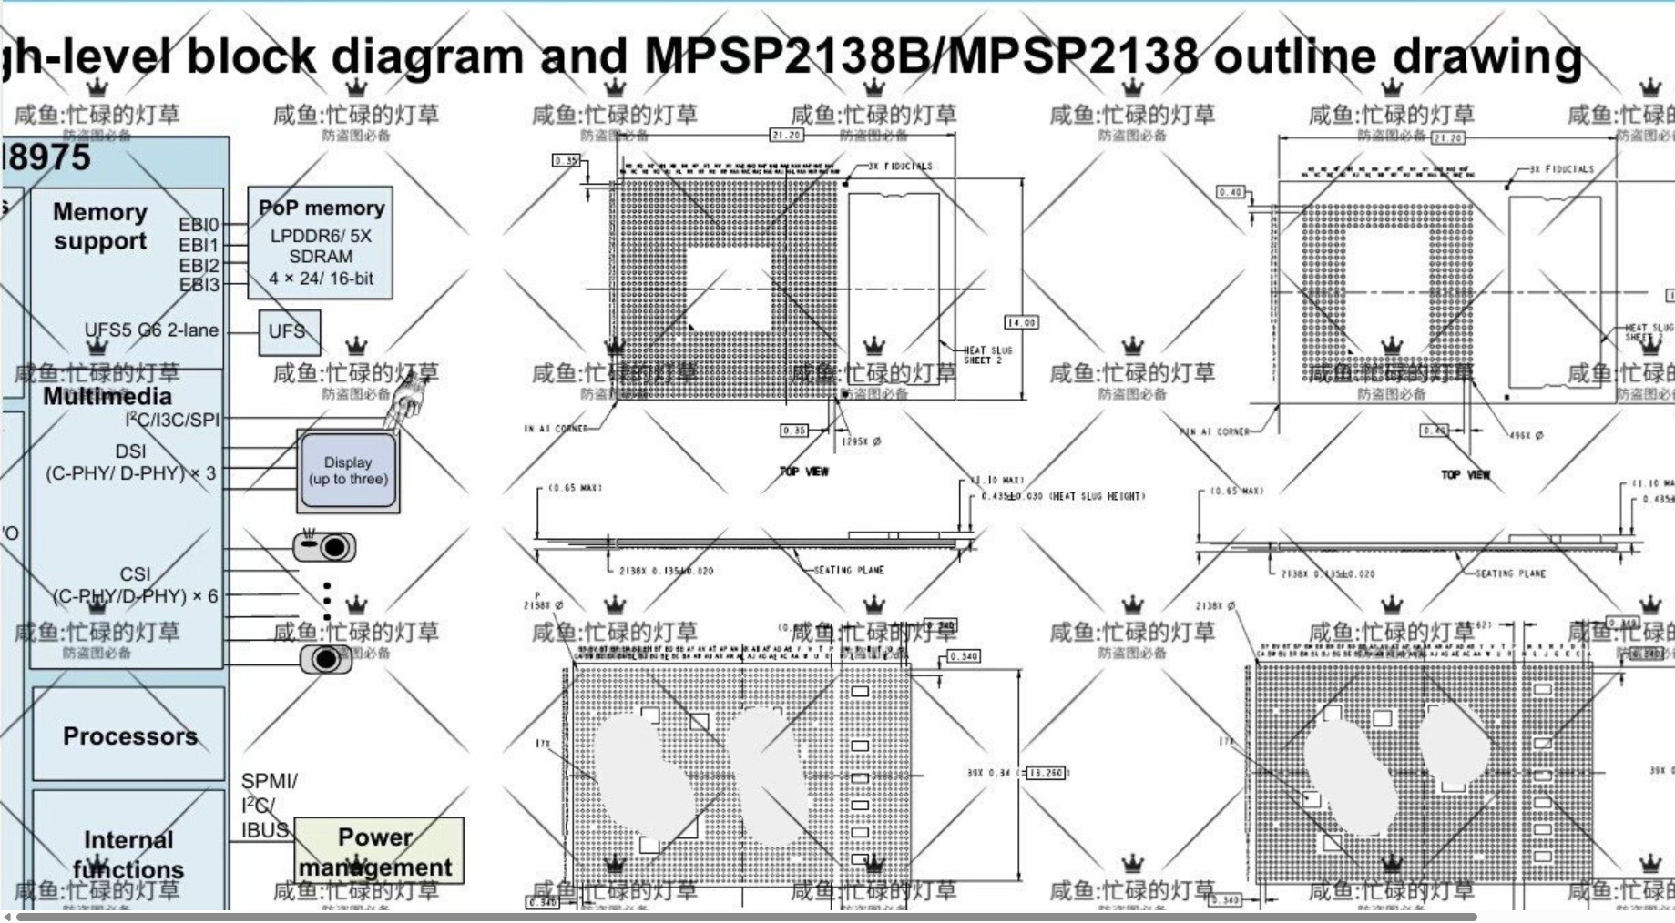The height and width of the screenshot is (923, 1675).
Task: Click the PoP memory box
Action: coord(320,243)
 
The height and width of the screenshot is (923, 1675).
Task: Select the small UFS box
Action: coord(289,332)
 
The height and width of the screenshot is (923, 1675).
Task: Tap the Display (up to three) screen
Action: coord(348,471)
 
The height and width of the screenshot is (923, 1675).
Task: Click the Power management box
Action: coord(378,851)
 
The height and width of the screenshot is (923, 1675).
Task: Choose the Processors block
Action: coord(129,735)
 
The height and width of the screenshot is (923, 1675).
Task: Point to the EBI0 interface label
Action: coord(199,225)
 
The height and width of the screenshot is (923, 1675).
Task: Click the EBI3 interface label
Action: coord(199,285)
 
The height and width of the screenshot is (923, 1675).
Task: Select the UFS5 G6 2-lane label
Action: coord(151,330)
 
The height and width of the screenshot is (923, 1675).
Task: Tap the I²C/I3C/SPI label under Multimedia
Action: coord(172,420)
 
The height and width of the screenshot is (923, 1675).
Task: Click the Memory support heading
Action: coord(99,226)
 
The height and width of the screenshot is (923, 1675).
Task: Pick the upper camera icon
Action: coord(325,546)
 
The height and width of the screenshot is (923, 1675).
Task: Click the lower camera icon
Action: coord(325,658)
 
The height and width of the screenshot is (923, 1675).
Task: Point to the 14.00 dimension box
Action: coord(1021,322)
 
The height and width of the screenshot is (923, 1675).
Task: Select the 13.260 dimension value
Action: coord(1046,773)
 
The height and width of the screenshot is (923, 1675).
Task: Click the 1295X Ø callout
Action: coord(861,441)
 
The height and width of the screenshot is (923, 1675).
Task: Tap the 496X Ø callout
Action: coord(1527,435)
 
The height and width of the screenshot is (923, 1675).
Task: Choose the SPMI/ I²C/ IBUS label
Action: coord(268,806)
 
